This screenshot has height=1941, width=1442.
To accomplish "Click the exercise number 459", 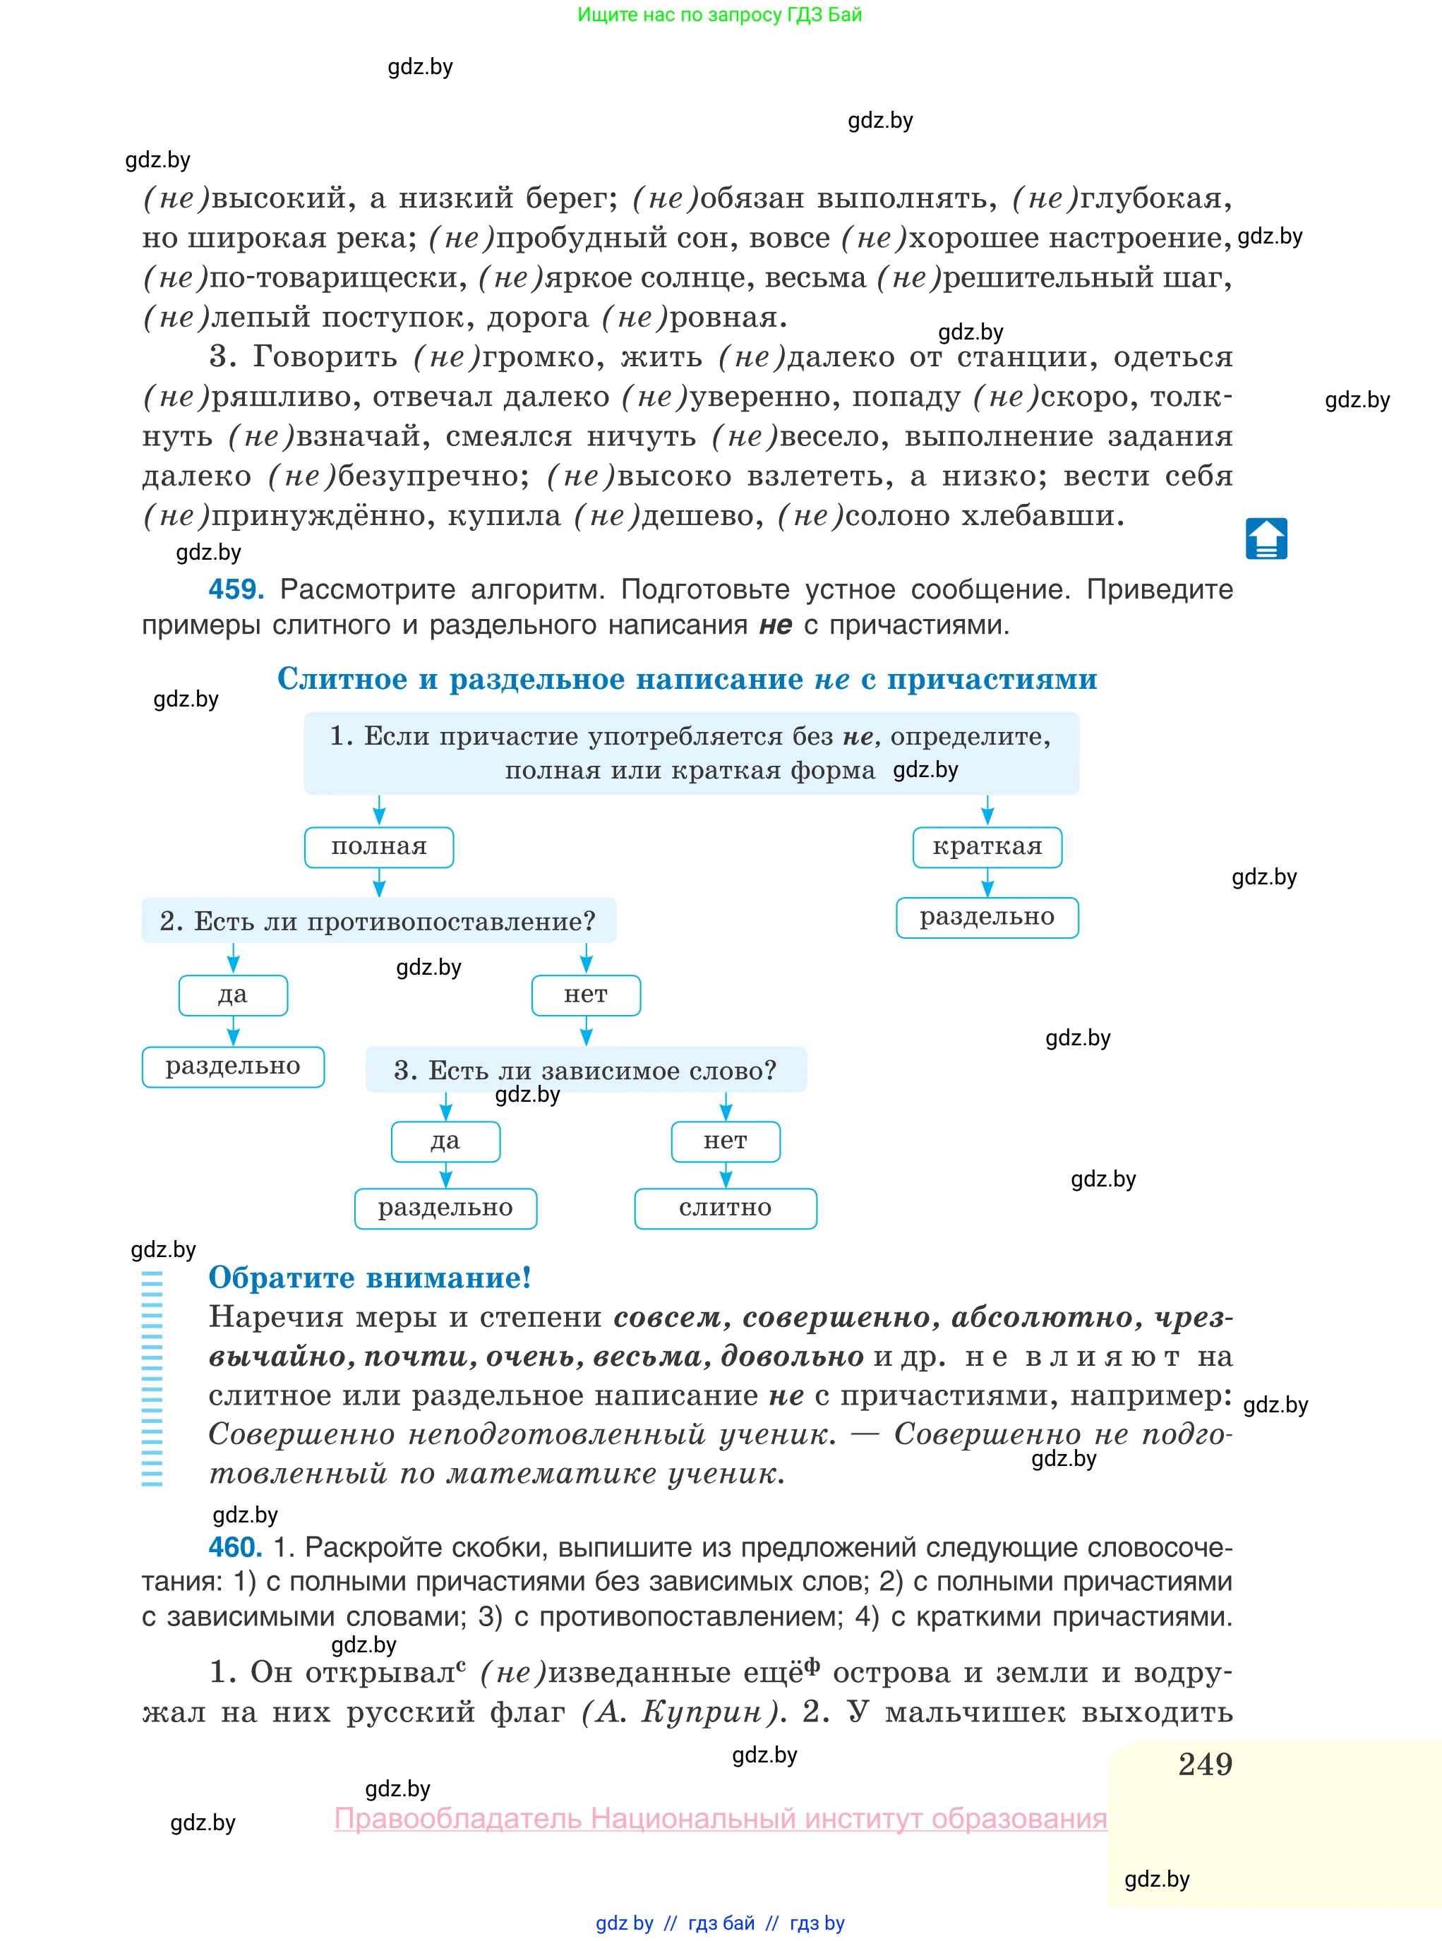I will (x=236, y=589).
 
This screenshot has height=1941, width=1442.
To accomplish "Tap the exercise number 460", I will (x=235, y=1547).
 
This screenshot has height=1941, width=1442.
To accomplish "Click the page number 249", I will (x=1205, y=1765).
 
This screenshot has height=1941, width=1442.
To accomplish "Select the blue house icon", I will (x=1266, y=539).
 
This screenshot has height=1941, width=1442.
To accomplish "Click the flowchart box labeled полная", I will (x=379, y=846).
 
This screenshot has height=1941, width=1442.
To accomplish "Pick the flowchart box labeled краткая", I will (x=987, y=846).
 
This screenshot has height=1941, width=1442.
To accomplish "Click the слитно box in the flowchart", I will (x=726, y=1208).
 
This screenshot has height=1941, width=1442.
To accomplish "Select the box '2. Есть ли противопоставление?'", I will (x=379, y=921).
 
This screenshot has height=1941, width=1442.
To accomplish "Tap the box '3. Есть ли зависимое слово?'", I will (x=586, y=1070).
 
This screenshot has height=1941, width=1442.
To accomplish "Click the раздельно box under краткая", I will (x=987, y=918).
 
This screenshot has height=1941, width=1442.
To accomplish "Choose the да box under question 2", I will (x=233, y=995).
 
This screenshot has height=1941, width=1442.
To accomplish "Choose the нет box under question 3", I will (x=726, y=1141).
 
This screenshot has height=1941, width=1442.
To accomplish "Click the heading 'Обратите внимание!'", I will (x=369, y=1278).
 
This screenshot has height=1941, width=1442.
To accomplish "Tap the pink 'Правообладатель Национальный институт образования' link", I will (x=720, y=1818).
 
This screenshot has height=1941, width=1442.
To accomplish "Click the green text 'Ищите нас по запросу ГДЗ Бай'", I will (x=719, y=14).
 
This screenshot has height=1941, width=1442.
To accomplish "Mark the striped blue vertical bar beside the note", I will (x=152, y=1379).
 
